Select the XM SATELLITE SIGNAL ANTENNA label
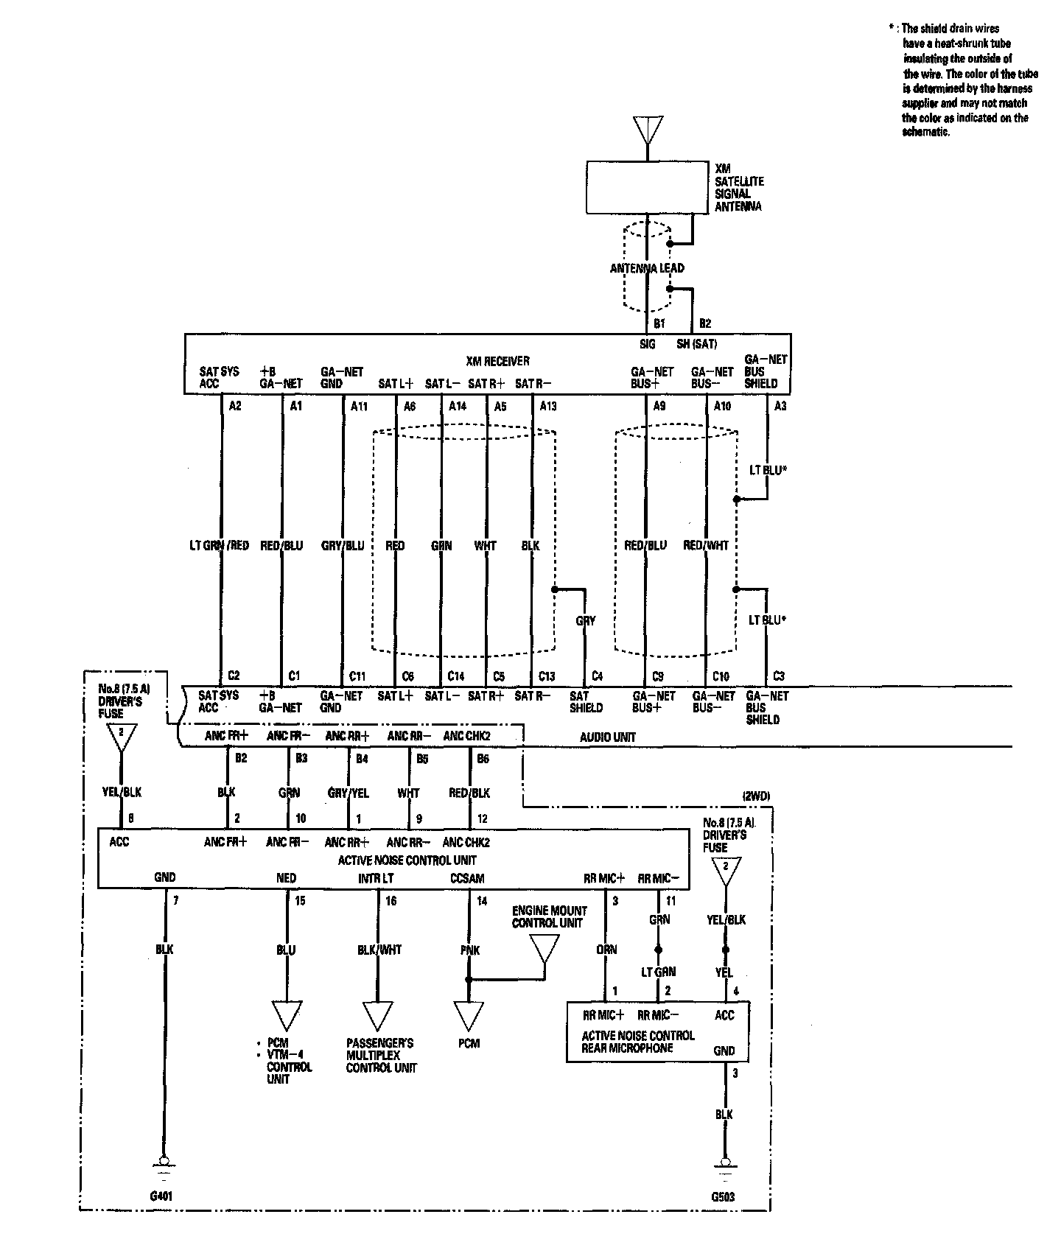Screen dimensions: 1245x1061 [x=738, y=187]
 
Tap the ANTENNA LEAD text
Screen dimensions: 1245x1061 [x=647, y=268]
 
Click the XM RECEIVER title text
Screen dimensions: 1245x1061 [x=497, y=361]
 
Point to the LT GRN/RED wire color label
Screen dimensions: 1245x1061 [x=220, y=546]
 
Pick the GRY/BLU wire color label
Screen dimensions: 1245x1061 [x=343, y=546]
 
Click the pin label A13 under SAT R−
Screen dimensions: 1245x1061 [x=548, y=406]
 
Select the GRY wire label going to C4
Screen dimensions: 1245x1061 [x=585, y=621]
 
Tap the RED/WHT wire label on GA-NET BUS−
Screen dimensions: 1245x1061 [x=706, y=546]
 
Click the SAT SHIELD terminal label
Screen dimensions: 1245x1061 [x=586, y=702]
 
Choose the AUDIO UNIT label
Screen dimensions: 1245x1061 [x=607, y=737]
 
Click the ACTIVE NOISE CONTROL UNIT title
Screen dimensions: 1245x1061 [x=407, y=860]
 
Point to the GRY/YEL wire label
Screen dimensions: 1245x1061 [x=348, y=793]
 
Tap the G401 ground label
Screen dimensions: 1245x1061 [x=161, y=1196]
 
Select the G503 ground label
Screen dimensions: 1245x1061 [x=723, y=1196]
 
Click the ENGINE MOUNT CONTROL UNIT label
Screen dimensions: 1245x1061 [x=549, y=917]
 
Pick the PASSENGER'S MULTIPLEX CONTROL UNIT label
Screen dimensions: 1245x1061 [x=380, y=1055]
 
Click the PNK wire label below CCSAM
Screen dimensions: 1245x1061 [x=469, y=950]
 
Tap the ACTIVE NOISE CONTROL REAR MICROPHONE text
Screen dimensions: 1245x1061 [x=637, y=1042]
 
